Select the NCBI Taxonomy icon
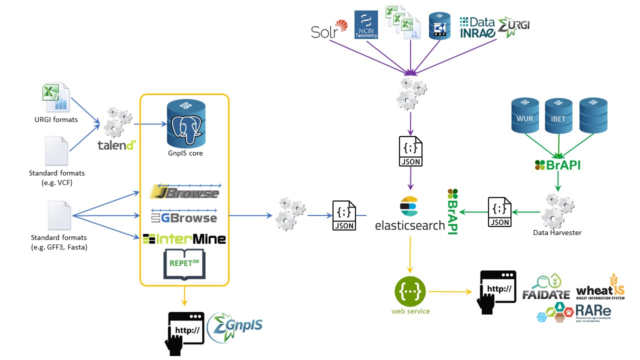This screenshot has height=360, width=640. pyautogui.click(x=366, y=24)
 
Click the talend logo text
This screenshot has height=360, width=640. pyautogui.click(x=117, y=145)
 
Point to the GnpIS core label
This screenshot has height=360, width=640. pyautogui.click(x=185, y=153)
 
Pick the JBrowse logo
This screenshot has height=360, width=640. pyautogui.click(x=184, y=193)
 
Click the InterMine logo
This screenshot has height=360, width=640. pyautogui.click(x=184, y=239)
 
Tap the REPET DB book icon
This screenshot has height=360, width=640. pyautogui.click(x=184, y=263)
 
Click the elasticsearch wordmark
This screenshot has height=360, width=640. pyautogui.click(x=410, y=225)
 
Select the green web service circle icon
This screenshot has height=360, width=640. pyautogui.click(x=410, y=290)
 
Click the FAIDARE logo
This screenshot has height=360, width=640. pyautogui.click(x=546, y=287)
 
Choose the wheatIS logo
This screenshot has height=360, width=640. pyautogui.click(x=600, y=288)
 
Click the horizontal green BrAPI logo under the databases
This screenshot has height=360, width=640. pyautogui.click(x=558, y=165)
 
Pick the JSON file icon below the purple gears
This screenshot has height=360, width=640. pyautogui.click(x=410, y=151)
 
